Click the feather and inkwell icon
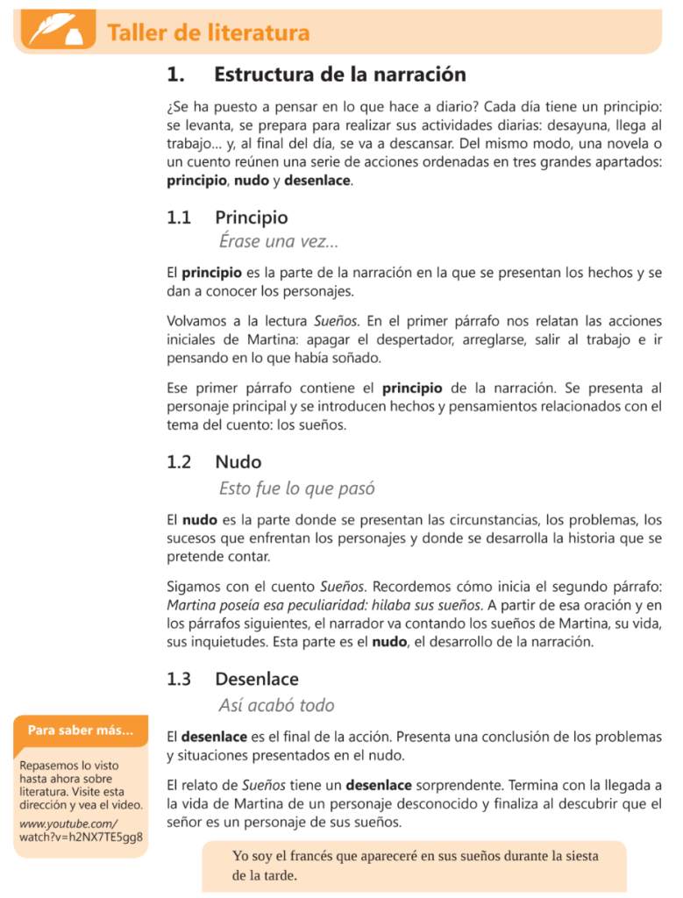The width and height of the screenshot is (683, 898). click(52, 31)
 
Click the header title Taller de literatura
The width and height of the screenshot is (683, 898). click(208, 33)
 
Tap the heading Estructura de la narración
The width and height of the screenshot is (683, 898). click(339, 75)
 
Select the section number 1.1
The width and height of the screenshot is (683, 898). click(179, 217)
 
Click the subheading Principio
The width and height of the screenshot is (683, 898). click(251, 217)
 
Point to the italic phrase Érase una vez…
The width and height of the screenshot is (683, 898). click(278, 242)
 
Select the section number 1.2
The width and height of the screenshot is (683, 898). click(179, 461)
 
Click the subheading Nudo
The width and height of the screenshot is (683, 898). click(238, 461)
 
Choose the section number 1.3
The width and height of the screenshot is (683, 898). click(179, 679)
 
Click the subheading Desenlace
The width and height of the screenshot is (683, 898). click(257, 679)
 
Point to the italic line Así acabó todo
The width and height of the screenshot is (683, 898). click(276, 705)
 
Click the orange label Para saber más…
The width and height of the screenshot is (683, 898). click(81, 730)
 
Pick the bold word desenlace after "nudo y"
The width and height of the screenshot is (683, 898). click(317, 182)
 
